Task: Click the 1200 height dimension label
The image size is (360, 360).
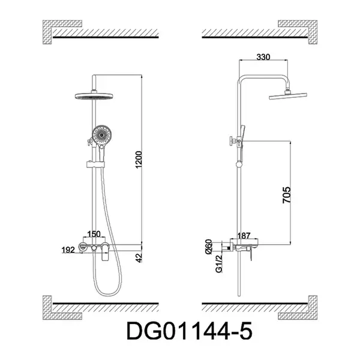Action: tap(139, 160)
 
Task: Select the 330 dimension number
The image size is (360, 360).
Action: tap(263, 57)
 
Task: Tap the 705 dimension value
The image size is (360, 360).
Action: tap(287, 195)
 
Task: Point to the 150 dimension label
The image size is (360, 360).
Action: tap(94, 234)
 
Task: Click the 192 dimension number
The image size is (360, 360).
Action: tap(68, 250)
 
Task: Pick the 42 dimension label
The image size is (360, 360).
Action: tap(139, 257)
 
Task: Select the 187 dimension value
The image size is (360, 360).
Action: tap(244, 236)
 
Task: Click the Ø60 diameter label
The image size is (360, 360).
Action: tap(209, 247)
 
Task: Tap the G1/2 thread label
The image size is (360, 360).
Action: tap(219, 264)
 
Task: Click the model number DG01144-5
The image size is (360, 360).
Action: tap(190, 331)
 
